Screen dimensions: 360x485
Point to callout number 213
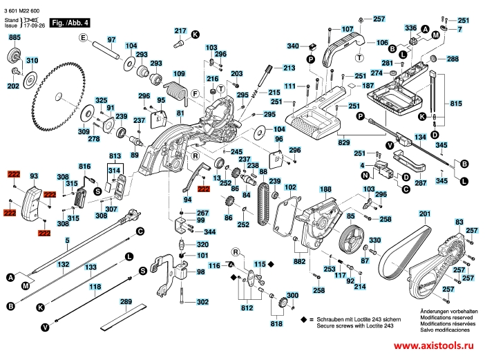[x=289, y=68]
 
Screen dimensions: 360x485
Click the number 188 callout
[x=325, y=188]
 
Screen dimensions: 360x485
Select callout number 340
[x=293, y=46]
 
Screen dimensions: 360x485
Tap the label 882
[x=299, y=262]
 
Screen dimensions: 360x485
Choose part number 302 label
[x=202, y=302]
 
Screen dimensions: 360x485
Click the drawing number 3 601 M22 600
[x=23, y=7]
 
